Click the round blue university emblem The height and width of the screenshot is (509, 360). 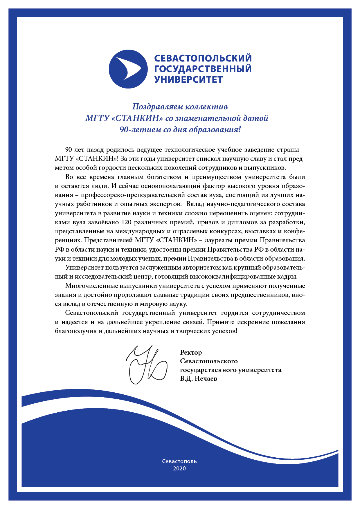[x=128, y=69]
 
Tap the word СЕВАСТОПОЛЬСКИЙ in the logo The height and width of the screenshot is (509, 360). [x=203, y=58]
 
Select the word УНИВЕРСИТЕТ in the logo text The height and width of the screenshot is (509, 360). [x=188, y=80]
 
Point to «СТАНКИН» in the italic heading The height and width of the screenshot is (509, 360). [x=137, y=118]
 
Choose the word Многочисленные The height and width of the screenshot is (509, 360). [x=91, y=286]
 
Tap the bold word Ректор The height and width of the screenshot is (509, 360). [x=191, y=353]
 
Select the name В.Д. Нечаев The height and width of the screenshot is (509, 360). [x=198, y=379]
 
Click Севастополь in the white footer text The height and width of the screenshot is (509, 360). [x=179, y=461]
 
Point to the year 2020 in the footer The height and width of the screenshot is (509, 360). [x=179, y=469]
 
